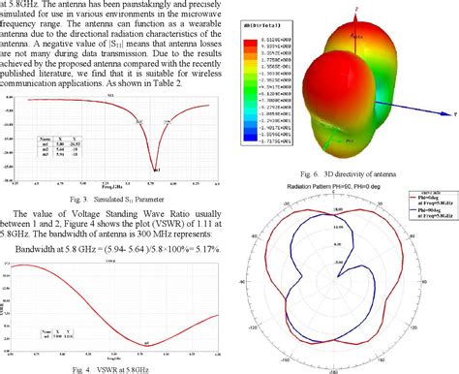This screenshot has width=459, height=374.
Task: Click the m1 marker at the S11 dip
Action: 155,169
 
